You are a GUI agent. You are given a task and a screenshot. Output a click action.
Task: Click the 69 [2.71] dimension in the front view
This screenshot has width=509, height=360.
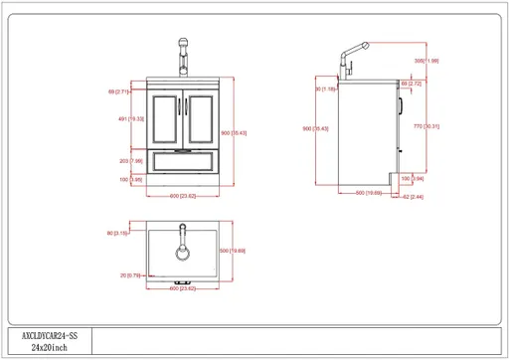tap(123, 91)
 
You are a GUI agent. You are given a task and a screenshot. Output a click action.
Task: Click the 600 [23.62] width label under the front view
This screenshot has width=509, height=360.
tap(182, 194)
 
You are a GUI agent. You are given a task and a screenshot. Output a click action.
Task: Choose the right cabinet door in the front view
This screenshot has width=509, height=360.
tap(200, 118)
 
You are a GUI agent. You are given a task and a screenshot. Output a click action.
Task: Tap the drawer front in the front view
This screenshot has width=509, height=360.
tap(182, 160)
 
